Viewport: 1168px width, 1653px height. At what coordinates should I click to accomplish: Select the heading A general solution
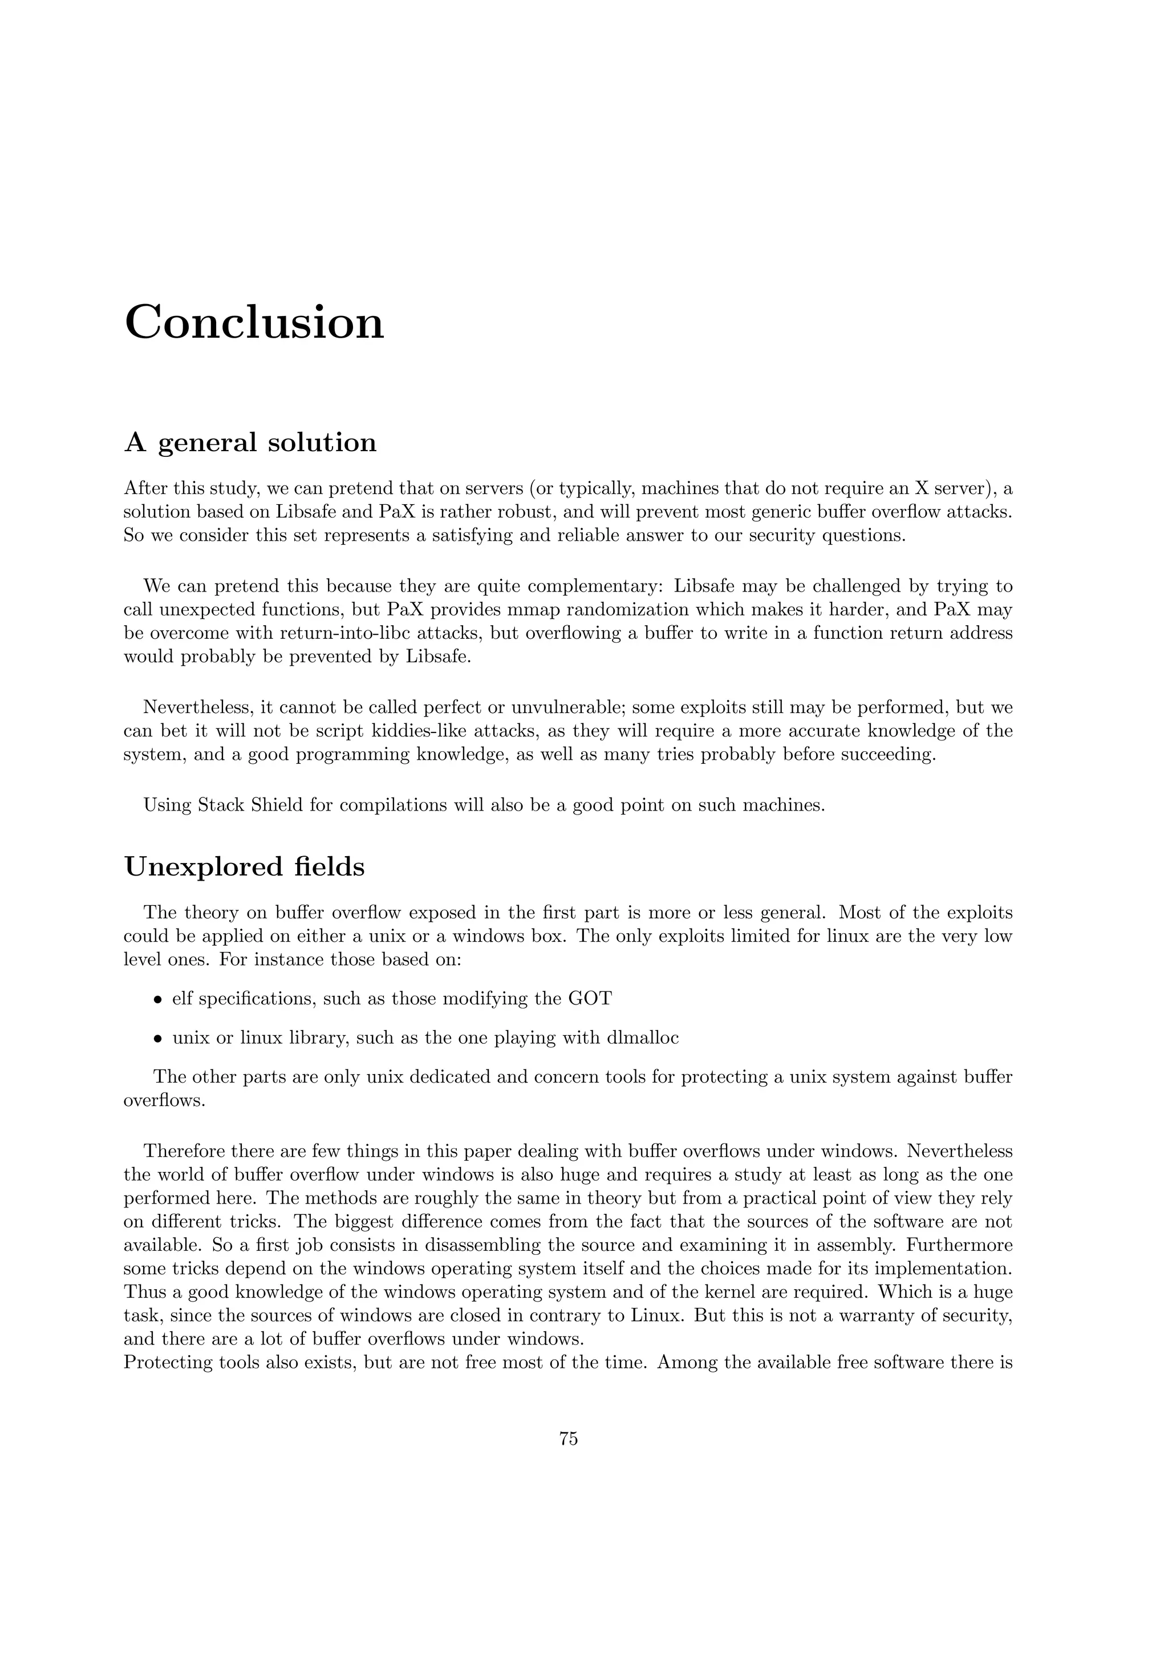(x=250, y=442)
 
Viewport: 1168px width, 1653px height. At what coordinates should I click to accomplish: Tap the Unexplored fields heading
(x=244, y=867)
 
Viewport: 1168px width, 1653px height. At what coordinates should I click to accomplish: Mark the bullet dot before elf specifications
(x=157, y=1000)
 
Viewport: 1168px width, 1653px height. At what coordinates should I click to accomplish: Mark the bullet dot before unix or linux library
(x=157, y=1039)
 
